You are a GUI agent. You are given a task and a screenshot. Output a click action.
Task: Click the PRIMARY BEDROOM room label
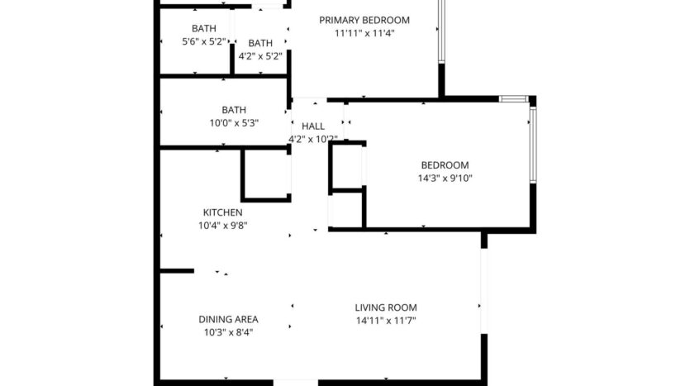click(364, 20)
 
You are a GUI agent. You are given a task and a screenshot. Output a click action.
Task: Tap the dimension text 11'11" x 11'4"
click(364, 34)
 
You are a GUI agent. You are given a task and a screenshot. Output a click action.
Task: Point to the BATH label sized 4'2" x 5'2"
click(260, 43)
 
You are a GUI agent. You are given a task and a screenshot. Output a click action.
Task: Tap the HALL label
click(313, 126)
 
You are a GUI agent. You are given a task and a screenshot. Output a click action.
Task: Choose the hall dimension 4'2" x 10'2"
click(313, 139)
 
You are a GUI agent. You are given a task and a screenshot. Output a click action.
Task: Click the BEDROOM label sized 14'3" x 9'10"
click(445, 164)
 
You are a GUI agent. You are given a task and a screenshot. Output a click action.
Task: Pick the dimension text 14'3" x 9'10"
click(445, 178)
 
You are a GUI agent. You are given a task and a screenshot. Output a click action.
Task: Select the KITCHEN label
click(223, 212)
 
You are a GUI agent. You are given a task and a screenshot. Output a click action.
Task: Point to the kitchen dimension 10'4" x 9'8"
click(223, 226)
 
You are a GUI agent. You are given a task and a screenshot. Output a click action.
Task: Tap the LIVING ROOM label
click(385, 307)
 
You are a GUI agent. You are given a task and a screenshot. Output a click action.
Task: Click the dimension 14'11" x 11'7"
click(385, 321)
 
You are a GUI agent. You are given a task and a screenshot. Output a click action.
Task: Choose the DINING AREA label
click(228, 319)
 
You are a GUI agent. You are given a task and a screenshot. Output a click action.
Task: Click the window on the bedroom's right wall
click(533, 145)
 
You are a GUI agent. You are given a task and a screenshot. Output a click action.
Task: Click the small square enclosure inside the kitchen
click(265, 174)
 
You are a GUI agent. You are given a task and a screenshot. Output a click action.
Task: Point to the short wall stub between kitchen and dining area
click(177, 270)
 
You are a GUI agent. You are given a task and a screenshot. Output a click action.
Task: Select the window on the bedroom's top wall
click(513, 99)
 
